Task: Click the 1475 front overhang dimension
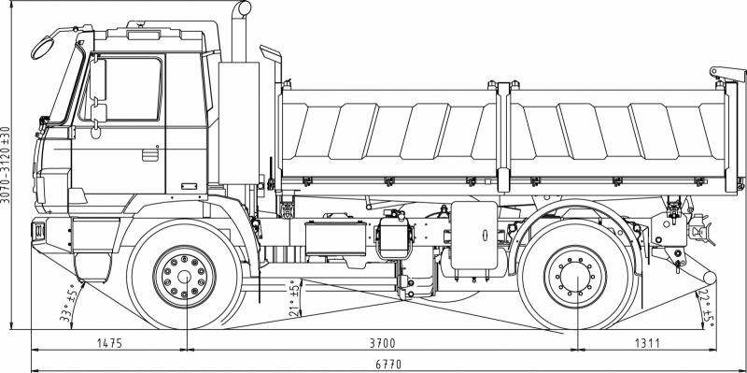click(x=109, y=343)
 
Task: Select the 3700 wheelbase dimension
click(x=383, y=343)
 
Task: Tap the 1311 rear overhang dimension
click(x=647, y=343)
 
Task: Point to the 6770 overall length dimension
click(x=388, y=365)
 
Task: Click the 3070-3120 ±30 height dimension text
click(x=6, y=165)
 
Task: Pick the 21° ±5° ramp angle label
click(x=295, y=298)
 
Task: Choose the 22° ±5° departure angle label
click(x=707, y=308)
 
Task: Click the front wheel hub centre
click(x=184, y=277)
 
